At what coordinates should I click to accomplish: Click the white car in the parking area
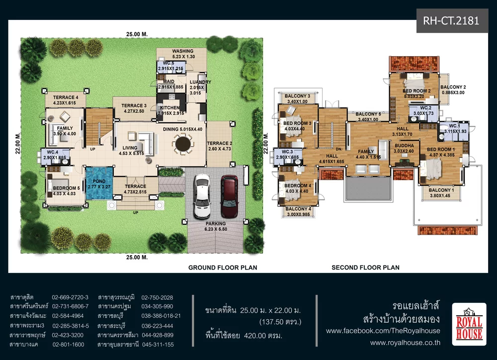[x=202, y=196]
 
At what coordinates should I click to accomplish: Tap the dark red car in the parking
[x=230, y=196]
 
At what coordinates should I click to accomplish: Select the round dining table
[x=183, y=144]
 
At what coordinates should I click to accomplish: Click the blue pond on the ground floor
[x=99, y=183]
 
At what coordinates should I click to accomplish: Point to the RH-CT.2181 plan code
[x=451, y=21]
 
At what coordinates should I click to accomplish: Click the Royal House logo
[x=469, y=324]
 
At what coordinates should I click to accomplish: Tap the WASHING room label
[x=183, y=51]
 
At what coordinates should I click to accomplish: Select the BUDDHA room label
[x=404, y=146]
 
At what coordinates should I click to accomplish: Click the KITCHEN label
[x=170, y=107]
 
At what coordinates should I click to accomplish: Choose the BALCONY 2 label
[x=453, y=87]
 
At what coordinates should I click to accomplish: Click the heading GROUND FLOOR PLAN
[x=223, y=268]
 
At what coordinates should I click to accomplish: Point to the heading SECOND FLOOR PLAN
[x=365, y=268]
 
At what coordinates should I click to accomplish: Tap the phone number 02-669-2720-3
[x=70, y=297]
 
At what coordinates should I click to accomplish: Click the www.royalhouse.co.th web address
[x=405, y=343]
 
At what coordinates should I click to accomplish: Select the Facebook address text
[x=383, y=331]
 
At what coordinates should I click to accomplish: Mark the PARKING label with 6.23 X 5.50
[x=216, y=226]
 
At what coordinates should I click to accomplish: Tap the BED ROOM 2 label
[x=416, y=91]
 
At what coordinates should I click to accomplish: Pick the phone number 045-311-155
[x=158, y=345]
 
